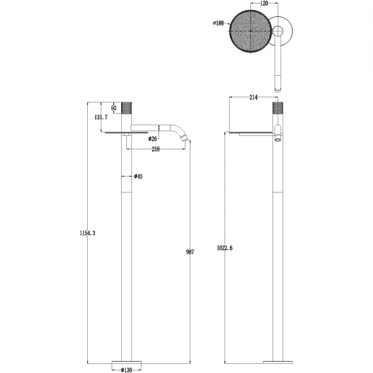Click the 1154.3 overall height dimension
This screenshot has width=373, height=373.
click(88, 233)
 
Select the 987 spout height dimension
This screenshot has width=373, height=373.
click(190, 252)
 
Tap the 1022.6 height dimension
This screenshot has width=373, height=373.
click(225, 248)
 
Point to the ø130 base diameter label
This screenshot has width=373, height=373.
click(126, 370)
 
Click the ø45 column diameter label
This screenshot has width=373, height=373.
click(138, 176)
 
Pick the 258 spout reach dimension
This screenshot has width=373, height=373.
click(156, 149)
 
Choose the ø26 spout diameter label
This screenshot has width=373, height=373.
click(153, 139)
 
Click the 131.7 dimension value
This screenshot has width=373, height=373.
click(101, 117)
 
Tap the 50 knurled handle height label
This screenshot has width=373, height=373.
click(114, 108)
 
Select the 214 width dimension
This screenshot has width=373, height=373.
click(254, 97)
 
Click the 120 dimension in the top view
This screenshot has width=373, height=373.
click(264, 3)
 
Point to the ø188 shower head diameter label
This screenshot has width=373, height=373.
click(218, 23)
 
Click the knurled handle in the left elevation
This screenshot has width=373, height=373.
click(126, 108)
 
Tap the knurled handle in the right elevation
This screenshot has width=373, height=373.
click(278, 108)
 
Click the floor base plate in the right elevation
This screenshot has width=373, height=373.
click(278, 362)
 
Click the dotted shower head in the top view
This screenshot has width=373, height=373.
click(251, 31)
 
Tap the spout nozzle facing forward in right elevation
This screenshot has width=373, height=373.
click(278, 139)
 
